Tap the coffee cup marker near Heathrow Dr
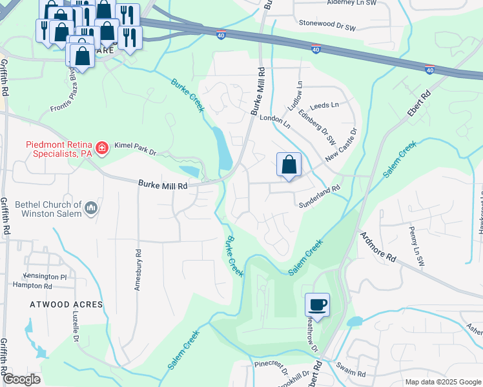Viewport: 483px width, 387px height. pos(317,304)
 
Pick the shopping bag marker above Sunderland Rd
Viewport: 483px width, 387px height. pos(289,164)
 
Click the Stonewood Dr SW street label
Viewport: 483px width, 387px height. pos(327,24)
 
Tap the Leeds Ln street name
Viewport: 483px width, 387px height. pos(324,105)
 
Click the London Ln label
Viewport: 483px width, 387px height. pos(272,119)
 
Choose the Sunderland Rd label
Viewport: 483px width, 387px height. pos(318,197)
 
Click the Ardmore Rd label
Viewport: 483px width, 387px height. pos(378,246)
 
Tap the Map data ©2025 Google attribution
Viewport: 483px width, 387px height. pos(443,382)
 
